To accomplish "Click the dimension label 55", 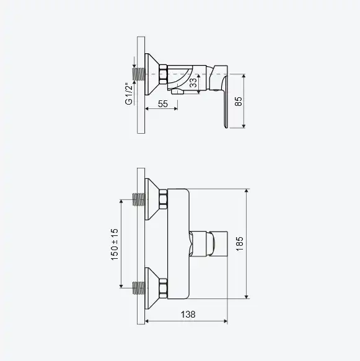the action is coord(163,104).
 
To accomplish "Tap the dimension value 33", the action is coord(193,83).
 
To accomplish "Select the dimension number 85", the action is coord(239,102).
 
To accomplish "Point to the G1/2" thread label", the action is coord(129,94).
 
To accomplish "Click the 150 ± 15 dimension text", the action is coord(115,245).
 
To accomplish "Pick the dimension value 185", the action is coord(240,244).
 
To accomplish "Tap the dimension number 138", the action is coord(188,315).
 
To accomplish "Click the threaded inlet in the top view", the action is coord(139,74).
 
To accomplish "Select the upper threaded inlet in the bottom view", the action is coord(139,199).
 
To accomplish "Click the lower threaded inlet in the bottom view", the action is coord(139,288).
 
